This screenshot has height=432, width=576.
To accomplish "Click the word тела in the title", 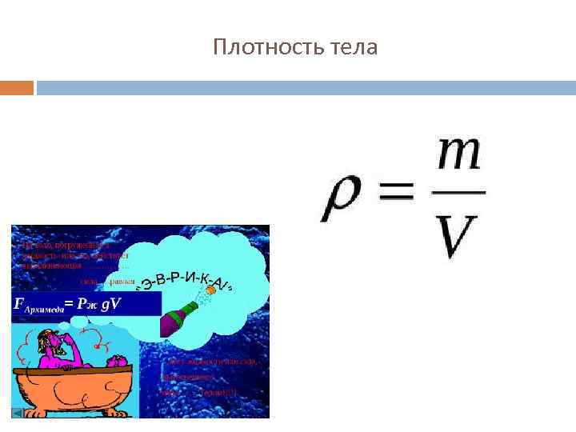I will [x=354, y=48].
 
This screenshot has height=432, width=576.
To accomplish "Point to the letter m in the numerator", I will [x=458, y=154].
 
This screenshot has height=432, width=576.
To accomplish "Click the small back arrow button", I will [x=18, y=414].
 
